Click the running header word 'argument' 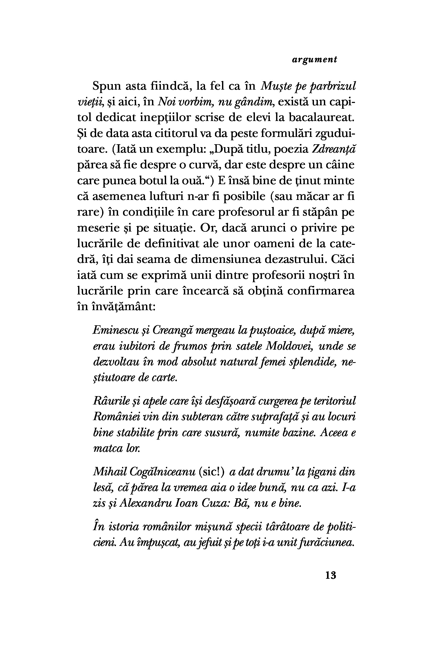[x=314, y=60]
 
